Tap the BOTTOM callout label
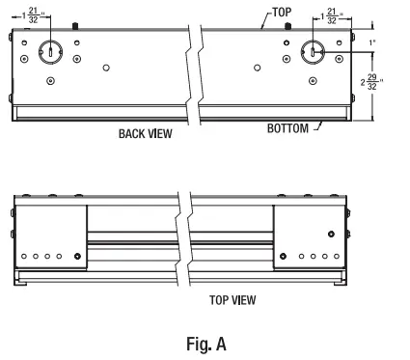(288, 127)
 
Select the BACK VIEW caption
(145, 134)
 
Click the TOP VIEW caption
(232, 300)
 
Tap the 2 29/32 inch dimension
(371, 84)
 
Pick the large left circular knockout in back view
(49, 50)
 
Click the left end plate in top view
(50, 237)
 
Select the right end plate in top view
(308, 237)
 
